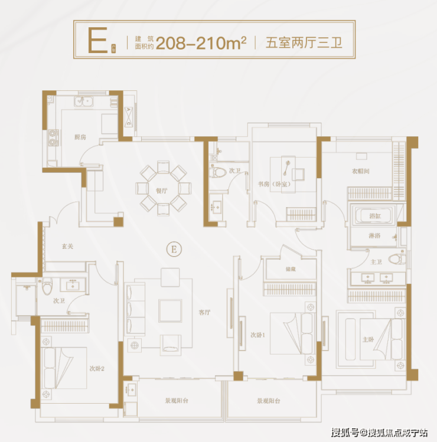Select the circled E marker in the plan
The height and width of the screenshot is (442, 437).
174,249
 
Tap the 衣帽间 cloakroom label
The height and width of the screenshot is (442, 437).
360,172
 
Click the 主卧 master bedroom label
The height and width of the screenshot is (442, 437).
367,339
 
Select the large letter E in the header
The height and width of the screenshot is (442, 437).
96,40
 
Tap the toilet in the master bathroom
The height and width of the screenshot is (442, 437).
402,257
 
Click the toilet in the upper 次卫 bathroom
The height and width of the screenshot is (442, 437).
220,172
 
